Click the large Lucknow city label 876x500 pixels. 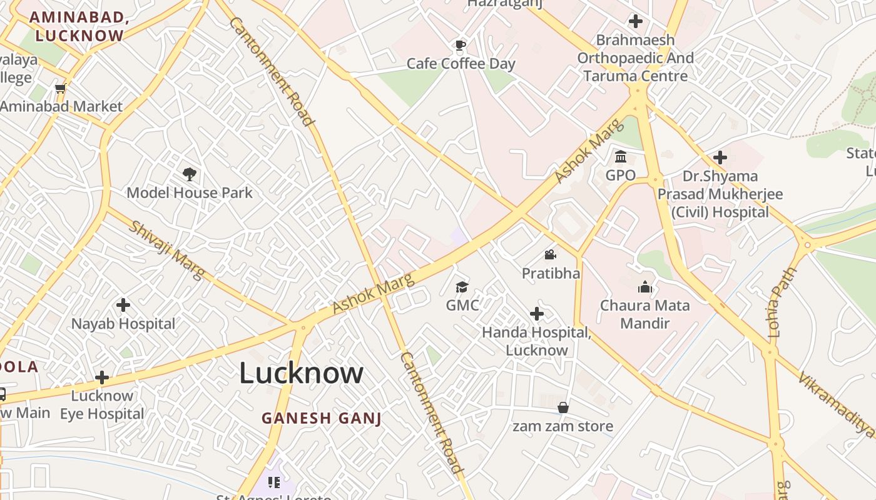301,373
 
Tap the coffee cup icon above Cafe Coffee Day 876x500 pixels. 461,44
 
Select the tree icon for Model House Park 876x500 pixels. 190,174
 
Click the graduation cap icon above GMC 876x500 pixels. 462,287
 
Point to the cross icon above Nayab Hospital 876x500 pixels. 123,305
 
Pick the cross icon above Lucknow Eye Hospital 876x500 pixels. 102,377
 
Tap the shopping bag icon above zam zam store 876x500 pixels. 563,407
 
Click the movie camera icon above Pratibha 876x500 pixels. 550,254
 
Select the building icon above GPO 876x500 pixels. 621,156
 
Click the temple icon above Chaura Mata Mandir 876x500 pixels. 644,287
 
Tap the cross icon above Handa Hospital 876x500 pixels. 536,314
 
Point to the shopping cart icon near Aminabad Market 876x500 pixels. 61,89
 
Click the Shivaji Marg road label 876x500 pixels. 166,250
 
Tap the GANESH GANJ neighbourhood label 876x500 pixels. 322,418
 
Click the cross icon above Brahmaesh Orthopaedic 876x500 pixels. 635,21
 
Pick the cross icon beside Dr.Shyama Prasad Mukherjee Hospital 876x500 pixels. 720,157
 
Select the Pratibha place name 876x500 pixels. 551,273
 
